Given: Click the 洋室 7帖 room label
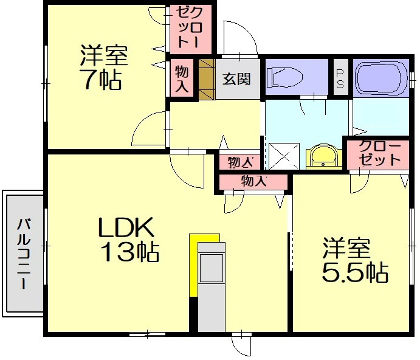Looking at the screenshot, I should pos(103,67).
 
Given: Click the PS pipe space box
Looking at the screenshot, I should pos(339,78).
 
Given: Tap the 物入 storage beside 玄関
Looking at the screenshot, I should pos(182,78).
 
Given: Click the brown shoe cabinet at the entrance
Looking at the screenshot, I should pos(207,78).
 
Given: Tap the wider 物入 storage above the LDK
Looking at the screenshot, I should pos(253,181).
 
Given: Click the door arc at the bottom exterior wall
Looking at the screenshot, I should pos(242,344).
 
